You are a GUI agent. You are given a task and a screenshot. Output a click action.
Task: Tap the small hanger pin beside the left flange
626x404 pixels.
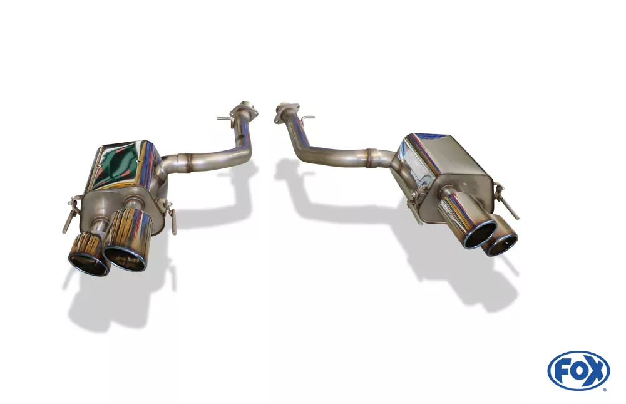tap(225, 118)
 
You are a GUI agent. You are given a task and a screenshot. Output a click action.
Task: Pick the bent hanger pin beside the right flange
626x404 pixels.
tap(307, 118)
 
